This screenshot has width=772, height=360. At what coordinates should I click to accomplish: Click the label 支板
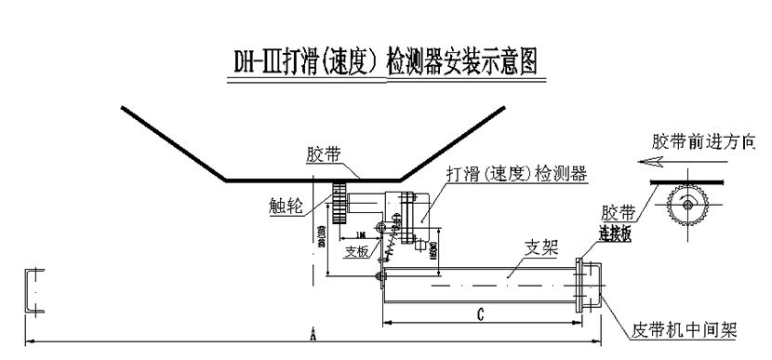pos(355,251)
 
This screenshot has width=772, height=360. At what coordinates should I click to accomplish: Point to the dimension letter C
pos(477,315)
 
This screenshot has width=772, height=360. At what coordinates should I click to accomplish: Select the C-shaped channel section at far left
pos(32,290)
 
